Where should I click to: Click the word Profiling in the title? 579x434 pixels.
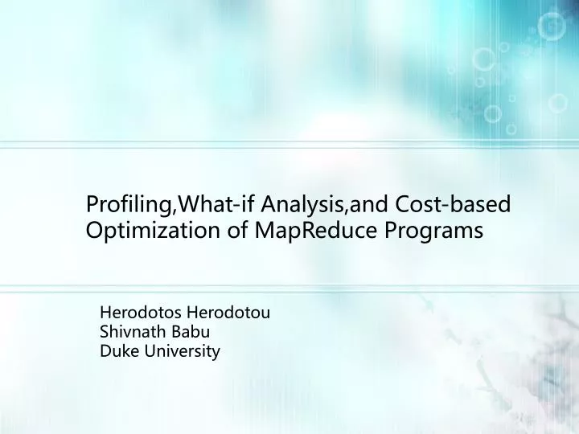tap(124, 205)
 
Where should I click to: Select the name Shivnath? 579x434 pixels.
tap(132, 332)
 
